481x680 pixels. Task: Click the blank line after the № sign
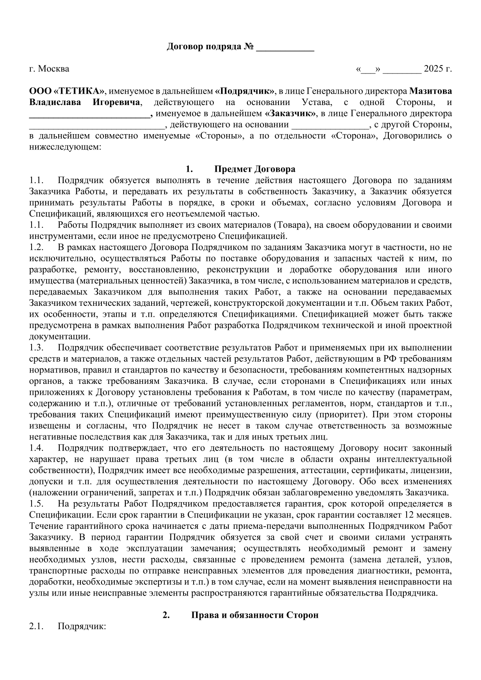pyautogui.click(x=285, y=48)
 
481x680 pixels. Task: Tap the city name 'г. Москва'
pyautogui.click(x=49, y=69)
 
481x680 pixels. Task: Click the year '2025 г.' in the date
pyautogui.click(x=437, y=69)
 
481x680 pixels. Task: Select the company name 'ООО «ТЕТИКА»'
pyautogui.click(x=67, y=91)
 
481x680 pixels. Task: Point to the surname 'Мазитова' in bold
pyautogui.click(x=431, y=91)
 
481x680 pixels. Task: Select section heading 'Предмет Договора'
pyautogui.click(x=255, y=169)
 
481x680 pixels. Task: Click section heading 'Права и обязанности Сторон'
pyautogui.click(x=255, y=615)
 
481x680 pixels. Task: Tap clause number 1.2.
pyautogui.click(x=36, y=247)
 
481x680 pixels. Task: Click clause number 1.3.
pyautogui.click(x=36, y=347)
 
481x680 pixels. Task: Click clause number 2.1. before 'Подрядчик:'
pyautogui.click(x=36, y=626)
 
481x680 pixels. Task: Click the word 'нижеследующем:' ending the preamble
pyautogui.click(x=64, y=147)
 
